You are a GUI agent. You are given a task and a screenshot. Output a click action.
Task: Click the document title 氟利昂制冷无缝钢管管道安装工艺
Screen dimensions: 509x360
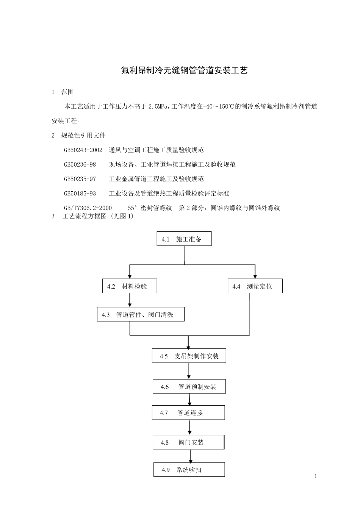point(184,70)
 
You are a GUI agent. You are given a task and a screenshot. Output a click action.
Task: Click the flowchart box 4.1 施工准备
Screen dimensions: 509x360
point(184,239)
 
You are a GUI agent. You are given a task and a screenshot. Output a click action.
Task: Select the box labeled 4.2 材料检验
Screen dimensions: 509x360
point(130,286)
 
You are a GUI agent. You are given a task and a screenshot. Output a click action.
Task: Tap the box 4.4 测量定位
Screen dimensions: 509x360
point(255,286)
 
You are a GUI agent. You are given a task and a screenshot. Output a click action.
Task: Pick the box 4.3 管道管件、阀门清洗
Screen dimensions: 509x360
point(141,314)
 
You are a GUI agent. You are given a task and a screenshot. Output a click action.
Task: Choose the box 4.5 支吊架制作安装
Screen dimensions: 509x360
point(189,356)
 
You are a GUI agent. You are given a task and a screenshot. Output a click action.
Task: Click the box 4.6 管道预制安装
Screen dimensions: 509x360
point(189,387)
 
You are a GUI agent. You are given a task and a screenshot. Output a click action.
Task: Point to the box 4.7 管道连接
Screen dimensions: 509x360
point(188,412)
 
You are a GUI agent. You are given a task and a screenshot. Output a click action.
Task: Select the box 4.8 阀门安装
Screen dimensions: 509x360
point(188,442)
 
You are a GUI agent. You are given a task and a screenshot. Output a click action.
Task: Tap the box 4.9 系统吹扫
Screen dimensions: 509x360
point(189,470)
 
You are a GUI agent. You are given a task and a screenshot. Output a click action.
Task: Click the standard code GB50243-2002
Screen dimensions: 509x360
point(83,150)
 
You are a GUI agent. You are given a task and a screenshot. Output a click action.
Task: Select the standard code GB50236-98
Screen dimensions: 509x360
point(80,164)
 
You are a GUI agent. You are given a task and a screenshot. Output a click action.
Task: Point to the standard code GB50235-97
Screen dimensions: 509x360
point(80,179)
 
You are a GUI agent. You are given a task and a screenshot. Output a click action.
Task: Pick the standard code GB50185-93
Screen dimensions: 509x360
point(80,194)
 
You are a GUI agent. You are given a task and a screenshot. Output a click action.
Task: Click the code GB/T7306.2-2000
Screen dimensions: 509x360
point(88,208)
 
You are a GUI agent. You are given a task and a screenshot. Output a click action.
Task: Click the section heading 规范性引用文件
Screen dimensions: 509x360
point(83,135)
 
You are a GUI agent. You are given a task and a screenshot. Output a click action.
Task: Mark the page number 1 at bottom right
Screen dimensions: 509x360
point(315,476)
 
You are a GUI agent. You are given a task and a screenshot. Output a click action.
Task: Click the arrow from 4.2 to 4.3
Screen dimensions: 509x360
point(130,300)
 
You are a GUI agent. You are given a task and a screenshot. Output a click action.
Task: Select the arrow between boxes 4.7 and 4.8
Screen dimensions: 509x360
point(189,428)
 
